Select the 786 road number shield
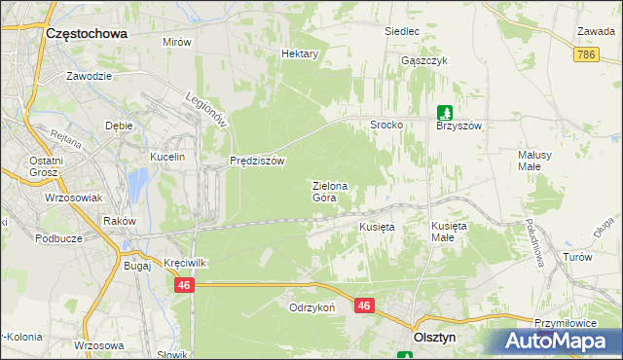586,55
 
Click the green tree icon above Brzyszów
445,112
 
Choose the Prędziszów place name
256,161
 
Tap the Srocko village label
386,126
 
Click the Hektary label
300,54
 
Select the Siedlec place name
401,31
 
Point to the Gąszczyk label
423,60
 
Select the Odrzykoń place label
311,306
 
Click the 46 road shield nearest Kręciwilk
185,286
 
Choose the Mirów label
177,43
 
